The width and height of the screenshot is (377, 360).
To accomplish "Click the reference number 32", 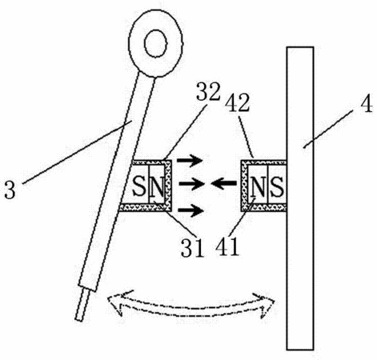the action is pyautogui.click(x=208, y=91).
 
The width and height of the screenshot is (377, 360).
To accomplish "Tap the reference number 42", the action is pyautogui.click(x=238, y=102).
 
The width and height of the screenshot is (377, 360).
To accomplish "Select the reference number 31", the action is pyautogui.click(x=193, y=247).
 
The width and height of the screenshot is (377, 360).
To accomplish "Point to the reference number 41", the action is pyautogui.click(x=227, y=246).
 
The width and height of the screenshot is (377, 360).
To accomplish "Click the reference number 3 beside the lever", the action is pyautogui.click(x=10, y=190).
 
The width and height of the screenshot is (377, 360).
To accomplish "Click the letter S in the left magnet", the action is pyautogui.click(x=139, y=186).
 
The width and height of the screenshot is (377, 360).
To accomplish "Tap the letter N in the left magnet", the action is pyautogui.click(x=157, y=186).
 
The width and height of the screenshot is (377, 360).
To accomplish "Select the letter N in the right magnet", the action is pyautogui.click(x=258, y=186).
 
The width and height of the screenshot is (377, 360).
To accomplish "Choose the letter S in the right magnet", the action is pyautogui.click(x=276, y=186).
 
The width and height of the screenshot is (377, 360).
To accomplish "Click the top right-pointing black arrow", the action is pyautogui.click(x=190, y=161).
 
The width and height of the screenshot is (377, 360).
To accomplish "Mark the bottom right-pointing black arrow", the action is pyautogui.click(x=191, y=210).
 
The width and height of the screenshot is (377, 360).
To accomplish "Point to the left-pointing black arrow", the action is pyautogui.click(x=223, y=183).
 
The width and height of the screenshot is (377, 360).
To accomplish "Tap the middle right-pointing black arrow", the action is pyautogui.click(x=191, y=184).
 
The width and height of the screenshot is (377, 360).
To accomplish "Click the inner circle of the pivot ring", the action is pyautogui.click(x=156, y=43).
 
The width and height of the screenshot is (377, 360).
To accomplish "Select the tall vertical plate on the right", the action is pyautogui.click(x=300, y=198).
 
